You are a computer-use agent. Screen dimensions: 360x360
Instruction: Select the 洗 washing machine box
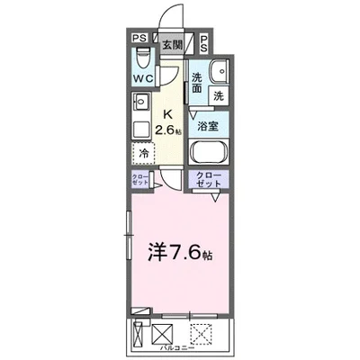coord(220,94)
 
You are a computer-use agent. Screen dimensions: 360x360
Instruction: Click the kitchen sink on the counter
coord(140,103)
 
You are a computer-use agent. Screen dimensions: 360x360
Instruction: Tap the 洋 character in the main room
coord(154,248)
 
